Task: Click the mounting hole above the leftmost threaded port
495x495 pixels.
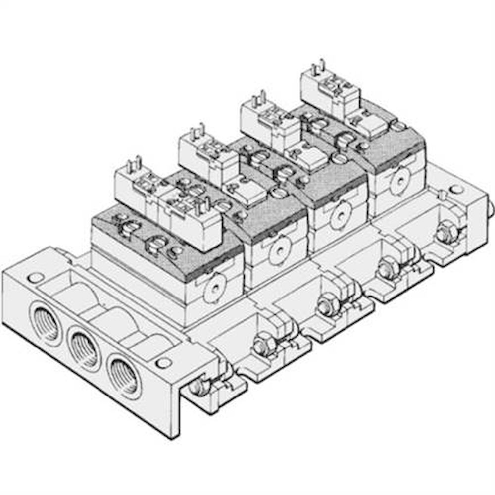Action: pos(35,277)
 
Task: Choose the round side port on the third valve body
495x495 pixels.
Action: pos(339,217)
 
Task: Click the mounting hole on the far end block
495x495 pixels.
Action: pos(456,189)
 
